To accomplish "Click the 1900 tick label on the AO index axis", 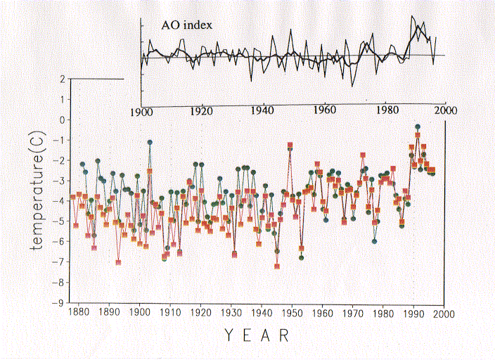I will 141,110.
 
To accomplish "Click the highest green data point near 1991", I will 418,127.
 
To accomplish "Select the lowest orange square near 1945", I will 277,266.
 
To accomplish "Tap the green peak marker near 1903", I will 150,142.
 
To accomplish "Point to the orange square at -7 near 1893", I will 119,262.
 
